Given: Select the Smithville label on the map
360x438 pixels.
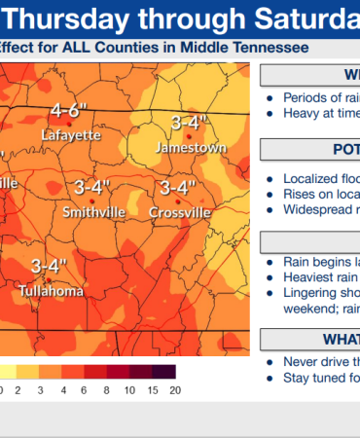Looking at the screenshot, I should click(93, 211).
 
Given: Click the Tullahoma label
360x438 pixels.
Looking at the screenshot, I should click(50, 290).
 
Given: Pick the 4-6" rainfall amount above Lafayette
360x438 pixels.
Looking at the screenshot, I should click(71, 110).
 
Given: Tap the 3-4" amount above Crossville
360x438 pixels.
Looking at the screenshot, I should click(178, 186).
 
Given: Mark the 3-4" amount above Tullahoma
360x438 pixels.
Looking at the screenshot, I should click(48, 265).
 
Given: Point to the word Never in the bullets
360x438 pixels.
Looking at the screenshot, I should click(301, 361).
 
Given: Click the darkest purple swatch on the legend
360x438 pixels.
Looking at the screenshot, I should click(164, 372).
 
